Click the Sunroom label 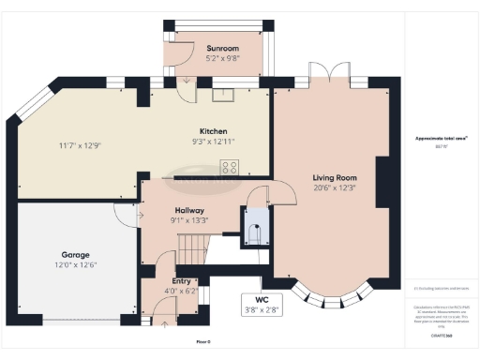pos(222,48)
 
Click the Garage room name pos(76,254)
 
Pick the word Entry pos(183,280)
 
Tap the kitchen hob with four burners pos(229,168)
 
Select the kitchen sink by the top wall pos(223,93)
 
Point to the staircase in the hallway pos(192,248)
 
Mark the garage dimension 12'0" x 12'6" pos(76,265)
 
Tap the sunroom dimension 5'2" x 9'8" pos(222,58)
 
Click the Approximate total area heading pos(434,139)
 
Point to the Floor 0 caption pos(203,342)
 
